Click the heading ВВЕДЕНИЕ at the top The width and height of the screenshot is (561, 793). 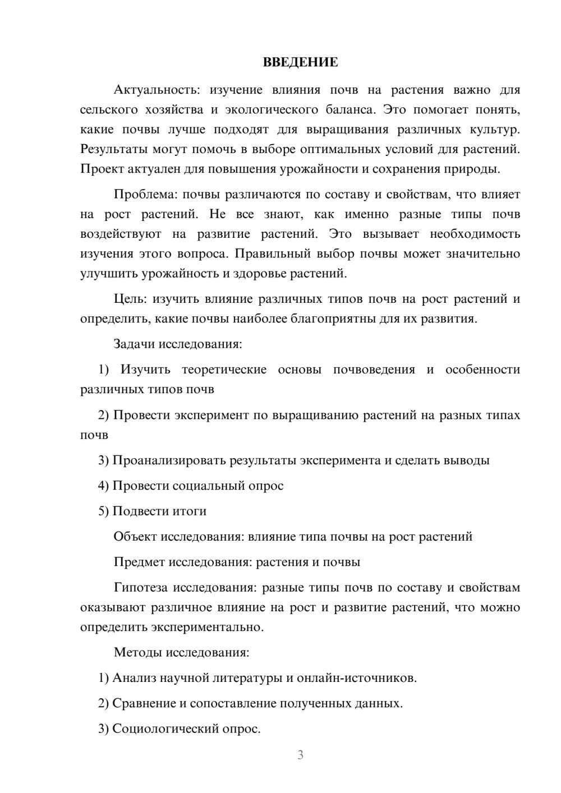click(300, 62)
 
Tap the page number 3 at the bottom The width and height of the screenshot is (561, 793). click(300, 755)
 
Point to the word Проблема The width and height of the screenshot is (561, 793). click(145, 195)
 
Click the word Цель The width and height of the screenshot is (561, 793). click(130, 299)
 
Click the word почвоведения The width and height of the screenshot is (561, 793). click(374, 370)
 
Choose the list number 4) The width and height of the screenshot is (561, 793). click(103, 486)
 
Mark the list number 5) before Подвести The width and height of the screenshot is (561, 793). click(103, 511)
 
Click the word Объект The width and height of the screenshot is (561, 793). click(135, 537)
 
